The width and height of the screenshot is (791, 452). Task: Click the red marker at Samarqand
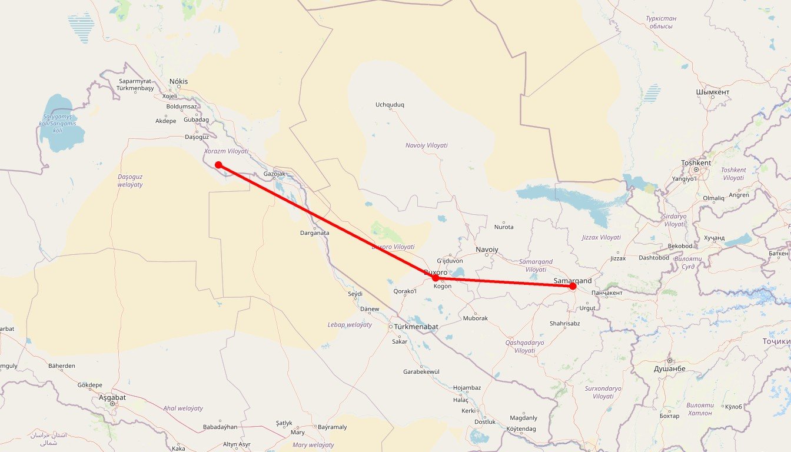tap(573, 286)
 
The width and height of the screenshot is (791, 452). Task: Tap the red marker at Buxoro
tap(436, 278)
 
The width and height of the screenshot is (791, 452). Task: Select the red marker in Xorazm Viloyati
tap(218, 165)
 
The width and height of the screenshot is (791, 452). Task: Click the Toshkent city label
tap(696, 163)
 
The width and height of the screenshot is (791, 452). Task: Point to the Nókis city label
tap(178, 82)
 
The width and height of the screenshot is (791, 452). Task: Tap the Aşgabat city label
tap(112, 398)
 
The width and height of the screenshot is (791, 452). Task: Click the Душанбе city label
tap(669, 368)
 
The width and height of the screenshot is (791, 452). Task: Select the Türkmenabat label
tap(416, 327)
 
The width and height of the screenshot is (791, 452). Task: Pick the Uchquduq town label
tap(390, 105)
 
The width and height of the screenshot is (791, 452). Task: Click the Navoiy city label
tap(487, 250)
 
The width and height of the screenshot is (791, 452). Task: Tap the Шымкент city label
tap(712, 92)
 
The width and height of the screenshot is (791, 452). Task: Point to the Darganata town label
tap(315, 232)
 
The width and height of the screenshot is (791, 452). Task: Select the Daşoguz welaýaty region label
tap(130, 181)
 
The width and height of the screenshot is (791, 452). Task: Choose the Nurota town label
tap(504, 227)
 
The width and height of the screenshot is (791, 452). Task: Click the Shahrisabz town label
tap(564, 323)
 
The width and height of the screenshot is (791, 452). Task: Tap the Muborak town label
tap(476, 318)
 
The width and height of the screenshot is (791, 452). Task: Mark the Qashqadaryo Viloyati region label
tap(524, 346)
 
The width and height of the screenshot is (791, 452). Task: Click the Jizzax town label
tap(618, 258)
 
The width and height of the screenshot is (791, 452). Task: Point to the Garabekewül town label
tap(421, 372)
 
